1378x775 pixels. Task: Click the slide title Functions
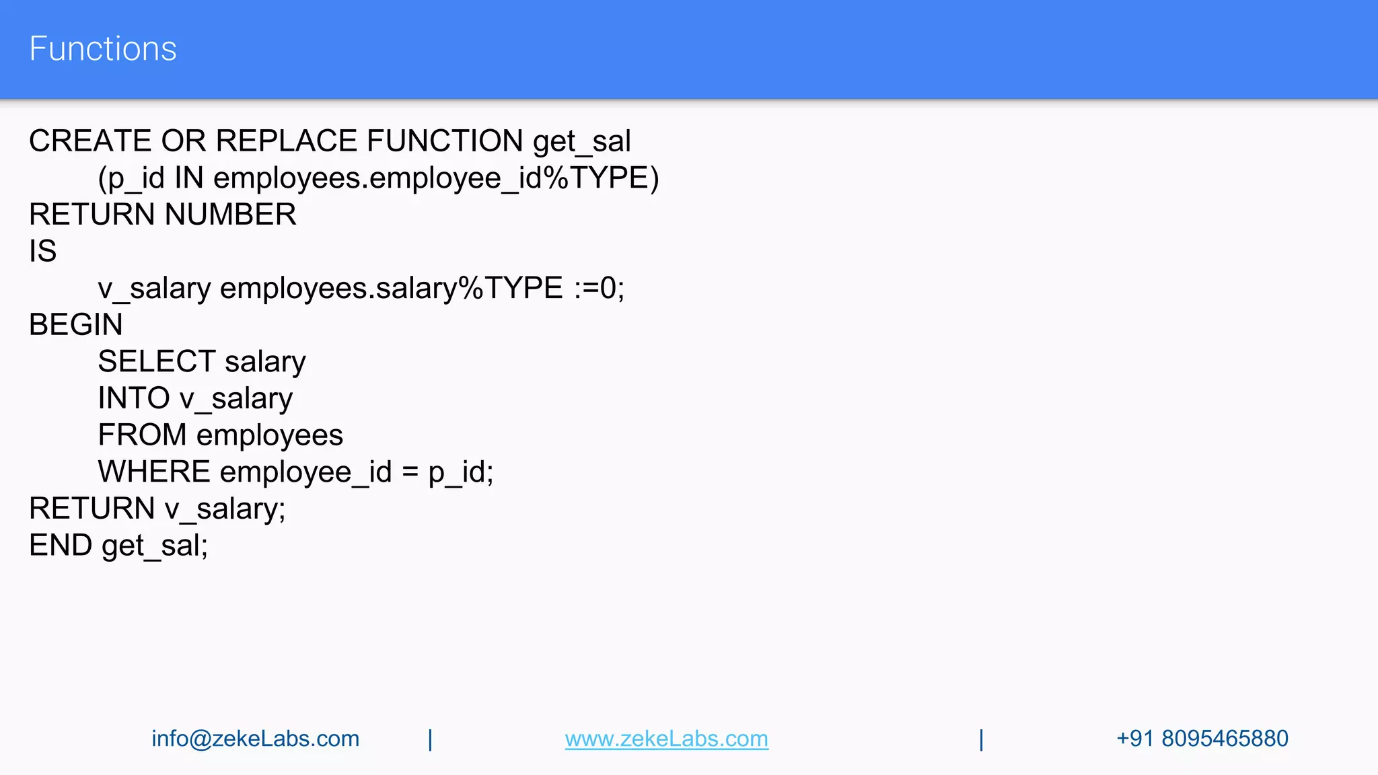103,49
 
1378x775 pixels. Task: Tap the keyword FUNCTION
445,141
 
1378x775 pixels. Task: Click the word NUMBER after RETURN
230,215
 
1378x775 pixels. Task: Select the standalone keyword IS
42,252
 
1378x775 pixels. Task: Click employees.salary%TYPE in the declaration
391,289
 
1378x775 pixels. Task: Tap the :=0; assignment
599,289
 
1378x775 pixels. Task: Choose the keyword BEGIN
76,325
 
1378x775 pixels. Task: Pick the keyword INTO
133,398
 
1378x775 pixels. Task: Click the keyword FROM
142,435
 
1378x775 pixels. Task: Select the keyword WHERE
154,472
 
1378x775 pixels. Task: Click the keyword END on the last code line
61,546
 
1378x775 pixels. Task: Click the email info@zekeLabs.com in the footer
255,739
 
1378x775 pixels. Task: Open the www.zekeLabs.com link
666,739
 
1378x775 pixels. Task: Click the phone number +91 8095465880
1202,739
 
